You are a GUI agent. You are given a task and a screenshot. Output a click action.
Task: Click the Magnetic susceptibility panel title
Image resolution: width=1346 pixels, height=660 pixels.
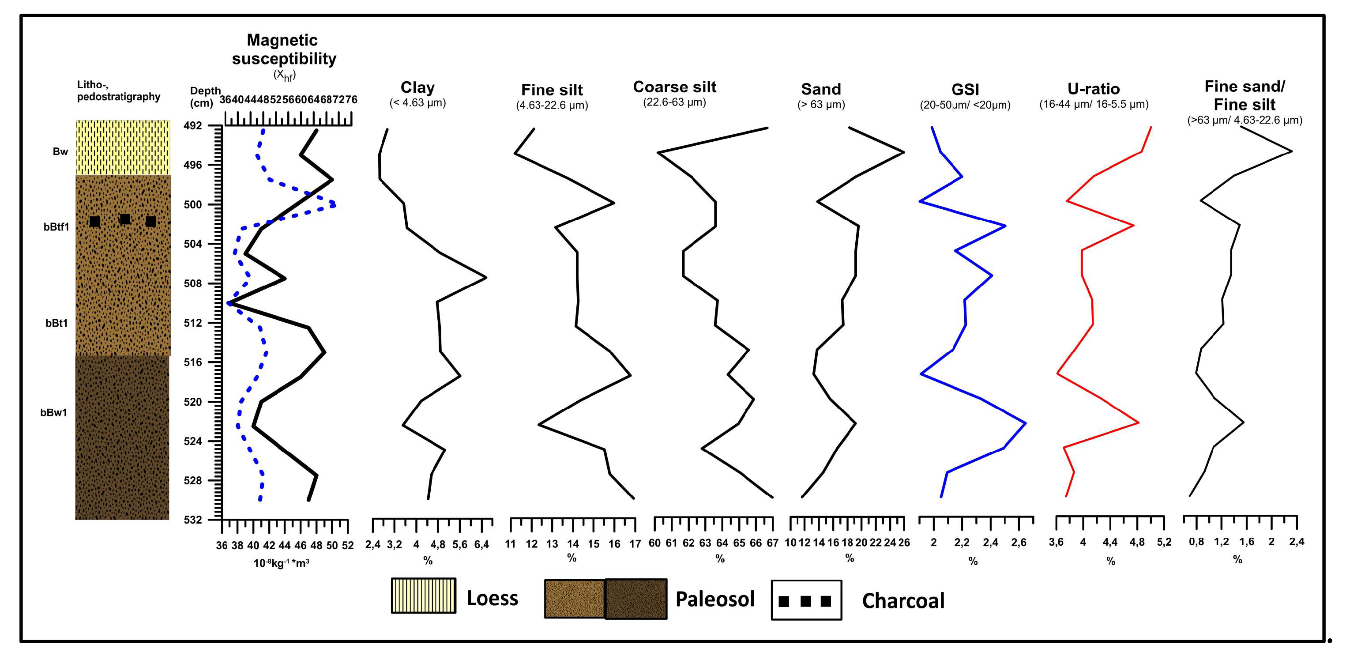pos(284,49)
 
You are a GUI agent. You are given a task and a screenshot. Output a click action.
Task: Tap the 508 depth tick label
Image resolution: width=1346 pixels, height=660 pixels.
pos(193,284)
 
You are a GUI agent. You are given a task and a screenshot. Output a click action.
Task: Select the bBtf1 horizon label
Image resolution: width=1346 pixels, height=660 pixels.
pos(56,227)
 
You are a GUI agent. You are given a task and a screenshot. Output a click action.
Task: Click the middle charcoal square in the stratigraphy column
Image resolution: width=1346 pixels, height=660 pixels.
pos(125,219)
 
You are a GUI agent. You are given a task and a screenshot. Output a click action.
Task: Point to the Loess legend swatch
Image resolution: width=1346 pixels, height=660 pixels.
pos(424,595)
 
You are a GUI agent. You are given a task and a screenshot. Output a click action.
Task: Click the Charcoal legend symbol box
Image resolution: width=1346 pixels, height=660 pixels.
pos(806,600)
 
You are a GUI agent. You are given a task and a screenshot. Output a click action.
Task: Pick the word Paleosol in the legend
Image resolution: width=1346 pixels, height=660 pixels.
pos(715,599)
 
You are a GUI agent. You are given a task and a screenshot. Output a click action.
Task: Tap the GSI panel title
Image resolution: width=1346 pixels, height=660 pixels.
pos(965,89)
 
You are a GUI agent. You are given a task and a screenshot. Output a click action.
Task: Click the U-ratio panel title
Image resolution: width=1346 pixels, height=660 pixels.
pos(1094,89)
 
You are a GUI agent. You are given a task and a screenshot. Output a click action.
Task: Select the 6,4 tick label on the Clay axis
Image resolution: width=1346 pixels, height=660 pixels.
pos(481,544)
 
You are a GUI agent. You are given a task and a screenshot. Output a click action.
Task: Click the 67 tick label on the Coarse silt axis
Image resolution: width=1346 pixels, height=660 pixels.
pos(772,543)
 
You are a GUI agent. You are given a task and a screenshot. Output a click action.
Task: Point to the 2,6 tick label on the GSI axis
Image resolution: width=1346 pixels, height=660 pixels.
pos(1019,543)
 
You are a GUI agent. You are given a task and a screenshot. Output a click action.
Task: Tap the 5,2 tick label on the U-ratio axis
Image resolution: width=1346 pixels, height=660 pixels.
pos(1164,543)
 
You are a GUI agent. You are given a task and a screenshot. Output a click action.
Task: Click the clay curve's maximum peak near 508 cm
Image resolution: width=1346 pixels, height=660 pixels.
pos(486,277)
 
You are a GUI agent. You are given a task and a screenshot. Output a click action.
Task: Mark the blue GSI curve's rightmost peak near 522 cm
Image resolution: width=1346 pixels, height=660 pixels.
pos(1026,423)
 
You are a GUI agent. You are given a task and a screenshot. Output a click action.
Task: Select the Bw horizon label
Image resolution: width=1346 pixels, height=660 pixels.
pos(60,151)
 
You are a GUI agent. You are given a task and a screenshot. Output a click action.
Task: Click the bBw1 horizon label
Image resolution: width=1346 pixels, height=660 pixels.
pos(54,413)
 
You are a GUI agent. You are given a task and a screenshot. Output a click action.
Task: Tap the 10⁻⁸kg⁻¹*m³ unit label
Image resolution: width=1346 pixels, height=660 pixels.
pos(281,563)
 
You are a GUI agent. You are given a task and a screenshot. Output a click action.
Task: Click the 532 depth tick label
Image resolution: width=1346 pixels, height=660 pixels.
pos(193,520)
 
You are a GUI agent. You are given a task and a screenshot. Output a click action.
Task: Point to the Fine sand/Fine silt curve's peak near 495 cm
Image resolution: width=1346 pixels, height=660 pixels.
pos(1292,151)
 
